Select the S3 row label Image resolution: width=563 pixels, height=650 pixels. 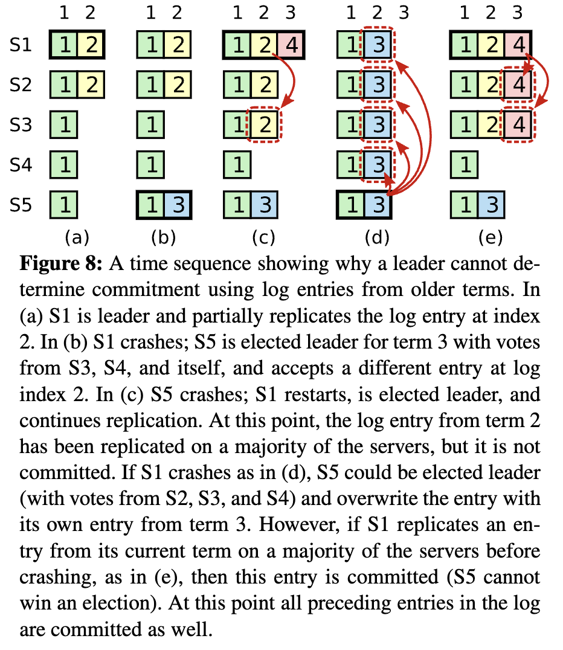[22, 125]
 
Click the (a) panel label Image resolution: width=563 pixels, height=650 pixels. [77, 237]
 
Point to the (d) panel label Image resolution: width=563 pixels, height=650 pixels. [378, 237]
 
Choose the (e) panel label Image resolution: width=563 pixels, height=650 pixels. [490, 237]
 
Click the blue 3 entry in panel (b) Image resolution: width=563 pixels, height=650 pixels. [178, 206]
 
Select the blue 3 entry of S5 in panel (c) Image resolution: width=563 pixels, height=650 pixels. [265, 206]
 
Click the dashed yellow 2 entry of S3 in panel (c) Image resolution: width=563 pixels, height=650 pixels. [265, 125]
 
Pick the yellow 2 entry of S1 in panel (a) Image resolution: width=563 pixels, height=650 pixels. [90, 45]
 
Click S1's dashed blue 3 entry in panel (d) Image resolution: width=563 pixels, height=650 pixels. [378, 45]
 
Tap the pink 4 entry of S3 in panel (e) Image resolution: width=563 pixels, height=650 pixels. [518, 125]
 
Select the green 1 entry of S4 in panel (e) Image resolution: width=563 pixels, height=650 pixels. [464, 166]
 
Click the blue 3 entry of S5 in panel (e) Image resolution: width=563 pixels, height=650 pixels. [491, 206]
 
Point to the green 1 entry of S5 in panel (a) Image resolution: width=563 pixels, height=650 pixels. [63, 206]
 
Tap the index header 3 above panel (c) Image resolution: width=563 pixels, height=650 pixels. [292, 11]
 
